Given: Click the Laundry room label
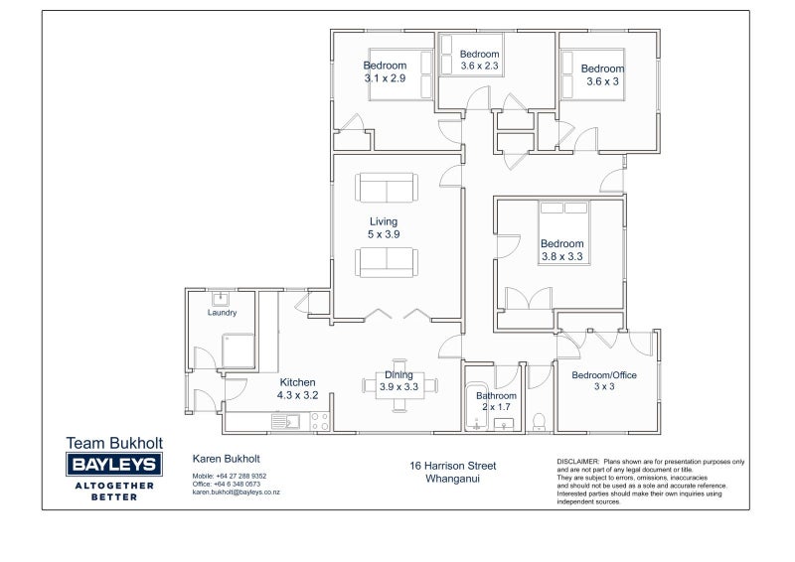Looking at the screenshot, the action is pos(222,313).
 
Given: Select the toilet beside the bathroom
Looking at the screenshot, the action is pos(539,423).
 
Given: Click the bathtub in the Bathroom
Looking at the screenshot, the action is pos(476,406).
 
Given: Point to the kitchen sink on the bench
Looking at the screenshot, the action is pos(285,422).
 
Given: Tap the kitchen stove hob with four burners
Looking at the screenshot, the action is pos(320,422).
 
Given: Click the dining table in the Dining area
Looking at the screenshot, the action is pos(399,385).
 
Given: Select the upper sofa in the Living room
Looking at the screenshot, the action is pos(387,188).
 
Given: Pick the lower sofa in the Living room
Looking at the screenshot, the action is pos(387,262).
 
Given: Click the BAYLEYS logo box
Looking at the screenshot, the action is pos(114,464).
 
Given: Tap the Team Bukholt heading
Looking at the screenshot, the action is pos(114,443).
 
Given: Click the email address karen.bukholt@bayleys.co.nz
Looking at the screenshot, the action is pos(236,492).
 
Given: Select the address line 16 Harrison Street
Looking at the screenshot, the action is pos(453,466).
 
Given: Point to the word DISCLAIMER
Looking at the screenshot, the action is pos(578,462).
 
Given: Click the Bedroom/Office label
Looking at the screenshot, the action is pos(604,375).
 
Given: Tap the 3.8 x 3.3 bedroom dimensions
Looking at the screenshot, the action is pos(561,256).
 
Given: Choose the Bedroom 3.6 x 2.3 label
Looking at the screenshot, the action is pos(479,60).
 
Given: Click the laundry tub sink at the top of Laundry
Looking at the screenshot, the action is pos(220,299).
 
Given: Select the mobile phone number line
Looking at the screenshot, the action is pos(230,476).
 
